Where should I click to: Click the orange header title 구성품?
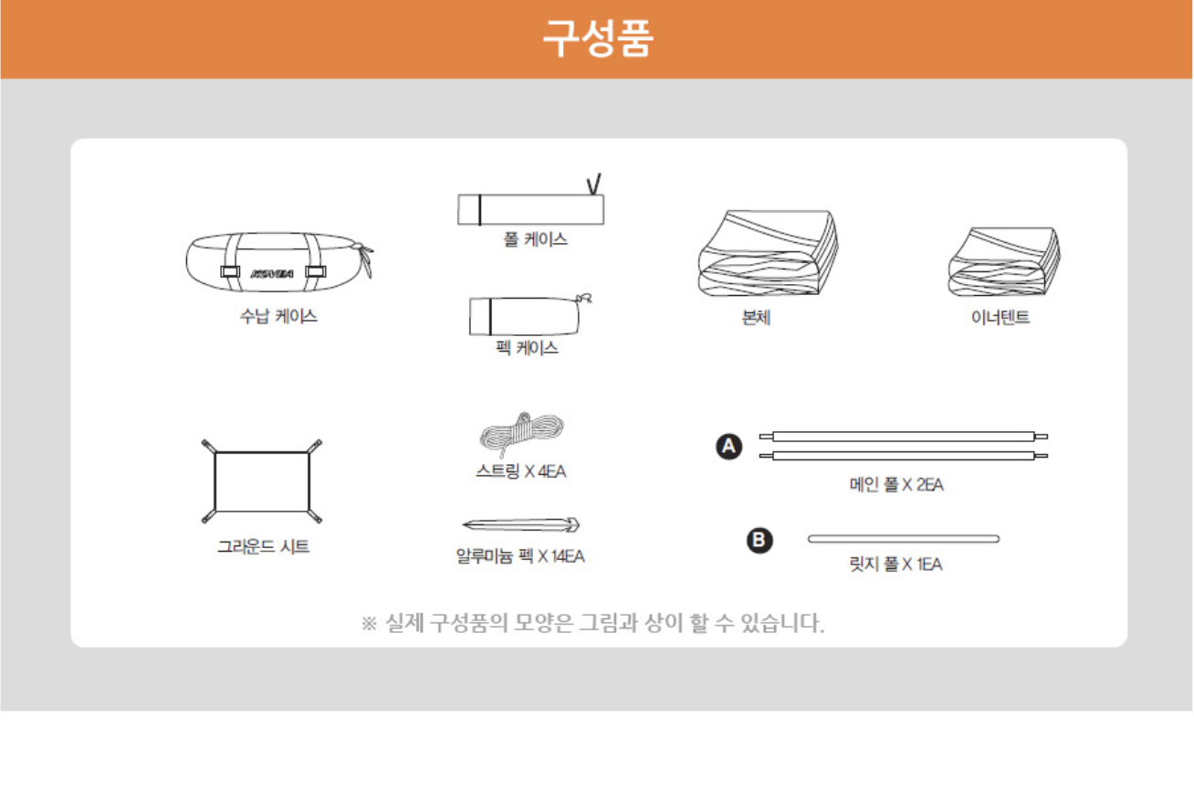click(x=598, y=37)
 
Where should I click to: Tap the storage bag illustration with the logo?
click(x=279, y=262)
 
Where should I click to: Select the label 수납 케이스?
click(x=278, y=316)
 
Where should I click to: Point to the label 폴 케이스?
click(x=535, y=239)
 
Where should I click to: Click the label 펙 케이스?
click(x=527, y=348)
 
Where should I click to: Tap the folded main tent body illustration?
click(x=768, y=253)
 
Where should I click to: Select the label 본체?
click(x=756, y=318)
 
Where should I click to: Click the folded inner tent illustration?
click(x=1004, y=261)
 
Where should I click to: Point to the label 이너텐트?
click(x=1000, y=317)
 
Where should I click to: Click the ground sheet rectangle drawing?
click(x=262, y=481)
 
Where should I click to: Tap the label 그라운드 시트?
click(x=263, y=546)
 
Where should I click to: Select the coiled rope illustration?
click(x=522, y=433)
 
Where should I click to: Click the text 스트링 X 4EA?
click(x=520, y=471)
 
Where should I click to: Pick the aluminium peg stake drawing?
click(x=521, y=524)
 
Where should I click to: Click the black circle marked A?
click(x=728, y=447)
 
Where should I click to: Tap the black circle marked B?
click(x=759, y=540)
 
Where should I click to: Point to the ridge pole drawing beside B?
click(x=904, y=539)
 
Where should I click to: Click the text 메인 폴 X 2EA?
click(x=896, y=485)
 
